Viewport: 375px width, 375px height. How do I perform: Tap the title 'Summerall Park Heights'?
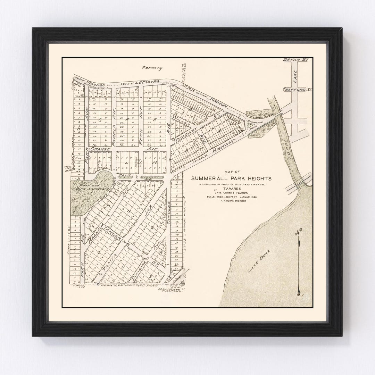point(232,178)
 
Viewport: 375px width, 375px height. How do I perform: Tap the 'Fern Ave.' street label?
point(142,127)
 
